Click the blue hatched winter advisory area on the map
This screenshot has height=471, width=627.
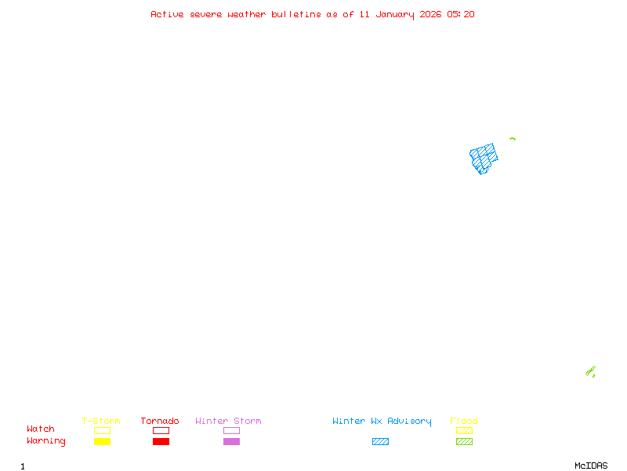[x=484, y=157]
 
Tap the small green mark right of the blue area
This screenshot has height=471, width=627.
[x=512, y=139]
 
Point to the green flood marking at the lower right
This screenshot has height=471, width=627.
[x=591, y=371]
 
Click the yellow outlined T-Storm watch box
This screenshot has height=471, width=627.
[x=102, y=430]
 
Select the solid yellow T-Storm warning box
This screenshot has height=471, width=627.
[x=102, y=441]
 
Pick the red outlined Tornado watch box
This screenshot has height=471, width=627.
[x=161, y=430]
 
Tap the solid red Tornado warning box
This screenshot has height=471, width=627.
[x=161, y=441]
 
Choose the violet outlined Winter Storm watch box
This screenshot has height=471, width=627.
[x=231, y=430]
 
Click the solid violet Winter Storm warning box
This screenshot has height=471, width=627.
[x=231, y=441]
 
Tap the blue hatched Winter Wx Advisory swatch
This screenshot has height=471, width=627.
[x=380, y=441]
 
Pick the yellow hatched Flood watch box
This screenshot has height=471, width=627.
[x=464, y=430]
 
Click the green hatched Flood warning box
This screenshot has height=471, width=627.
[x=464, y=441]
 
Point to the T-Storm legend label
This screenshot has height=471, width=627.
[x=101, y=421]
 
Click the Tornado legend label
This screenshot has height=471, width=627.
[x=160, y=421]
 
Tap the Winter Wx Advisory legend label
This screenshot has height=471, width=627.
[x=382, y=421]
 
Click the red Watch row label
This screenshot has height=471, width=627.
[x=41, y=429]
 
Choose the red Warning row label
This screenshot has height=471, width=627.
[x=46, y=441]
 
